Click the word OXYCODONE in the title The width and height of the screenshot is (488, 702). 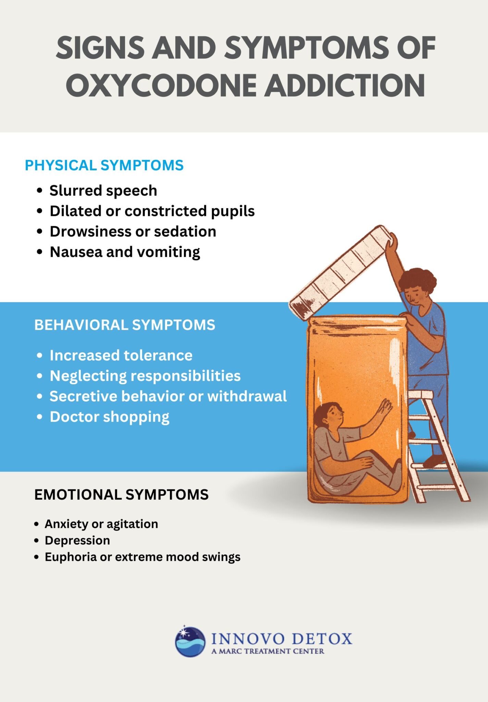161,85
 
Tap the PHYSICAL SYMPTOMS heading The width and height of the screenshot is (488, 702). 104,166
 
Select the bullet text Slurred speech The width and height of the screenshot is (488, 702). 103,191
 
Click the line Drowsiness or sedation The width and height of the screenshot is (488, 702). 133,232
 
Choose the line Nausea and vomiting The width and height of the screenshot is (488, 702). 125,252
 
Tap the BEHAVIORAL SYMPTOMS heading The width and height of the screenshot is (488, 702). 125,325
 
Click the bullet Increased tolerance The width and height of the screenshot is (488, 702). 121,355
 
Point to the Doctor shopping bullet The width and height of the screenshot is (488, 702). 109,417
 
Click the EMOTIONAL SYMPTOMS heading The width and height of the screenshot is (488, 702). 121,495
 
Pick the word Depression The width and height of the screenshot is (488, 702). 77,540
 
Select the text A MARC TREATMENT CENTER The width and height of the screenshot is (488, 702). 267,651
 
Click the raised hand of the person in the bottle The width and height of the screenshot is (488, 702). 385,408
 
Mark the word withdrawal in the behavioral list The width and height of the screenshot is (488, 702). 247,396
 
